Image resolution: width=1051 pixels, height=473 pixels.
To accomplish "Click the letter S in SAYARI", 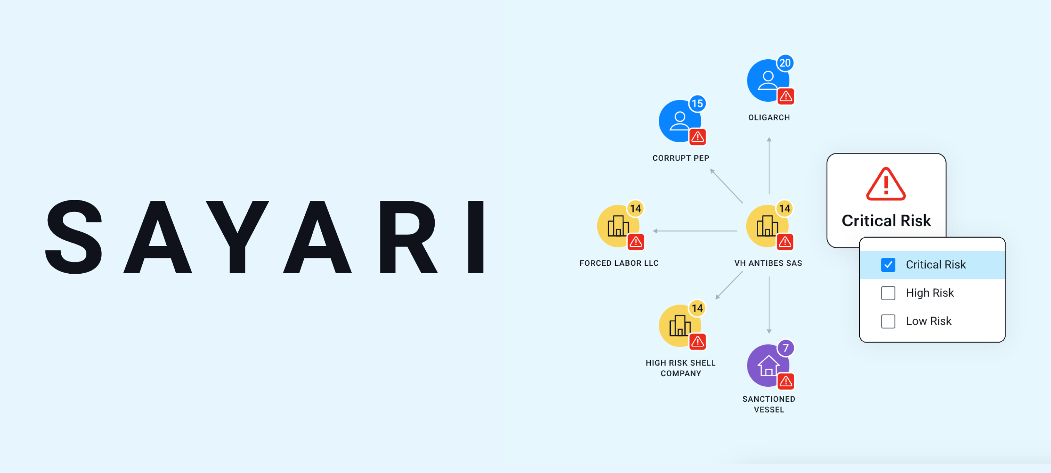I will tap(74, 237).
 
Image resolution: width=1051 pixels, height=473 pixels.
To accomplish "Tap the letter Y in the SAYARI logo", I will tap(237, 237).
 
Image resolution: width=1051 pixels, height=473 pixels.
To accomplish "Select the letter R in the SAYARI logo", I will tap(408, 237).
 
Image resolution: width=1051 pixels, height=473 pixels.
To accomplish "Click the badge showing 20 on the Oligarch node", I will tap(784, 63).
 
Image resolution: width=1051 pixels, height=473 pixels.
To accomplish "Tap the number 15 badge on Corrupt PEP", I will tap(697, 104).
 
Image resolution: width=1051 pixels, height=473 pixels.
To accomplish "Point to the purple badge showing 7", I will tap(785, 348).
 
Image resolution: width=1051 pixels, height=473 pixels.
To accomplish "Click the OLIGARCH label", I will tap(769, 117).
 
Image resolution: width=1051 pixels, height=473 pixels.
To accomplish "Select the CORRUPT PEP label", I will tap(681, 158).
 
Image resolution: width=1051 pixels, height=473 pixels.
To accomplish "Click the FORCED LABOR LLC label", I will tap(619, 263).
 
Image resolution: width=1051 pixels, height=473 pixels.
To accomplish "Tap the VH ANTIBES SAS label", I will tap(768, 263).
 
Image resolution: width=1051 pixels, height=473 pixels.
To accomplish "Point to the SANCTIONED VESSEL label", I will tap(769, 404).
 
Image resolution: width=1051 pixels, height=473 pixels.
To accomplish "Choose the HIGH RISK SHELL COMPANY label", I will tap(681, 368).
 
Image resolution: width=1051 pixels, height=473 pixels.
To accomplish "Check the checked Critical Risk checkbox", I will tap(888, 265).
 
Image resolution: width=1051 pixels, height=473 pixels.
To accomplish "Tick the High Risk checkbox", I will tap(888, 293).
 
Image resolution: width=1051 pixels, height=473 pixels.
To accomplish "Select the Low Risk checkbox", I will tap(888, 321).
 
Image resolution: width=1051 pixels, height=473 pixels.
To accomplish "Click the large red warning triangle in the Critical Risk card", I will tap(886, 184).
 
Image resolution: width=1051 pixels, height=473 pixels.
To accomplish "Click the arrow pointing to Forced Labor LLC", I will tap(695, 231).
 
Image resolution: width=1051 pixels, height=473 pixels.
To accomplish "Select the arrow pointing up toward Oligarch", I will tap(769, 166).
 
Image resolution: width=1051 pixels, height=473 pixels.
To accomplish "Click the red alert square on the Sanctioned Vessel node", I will tap(785, 381).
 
